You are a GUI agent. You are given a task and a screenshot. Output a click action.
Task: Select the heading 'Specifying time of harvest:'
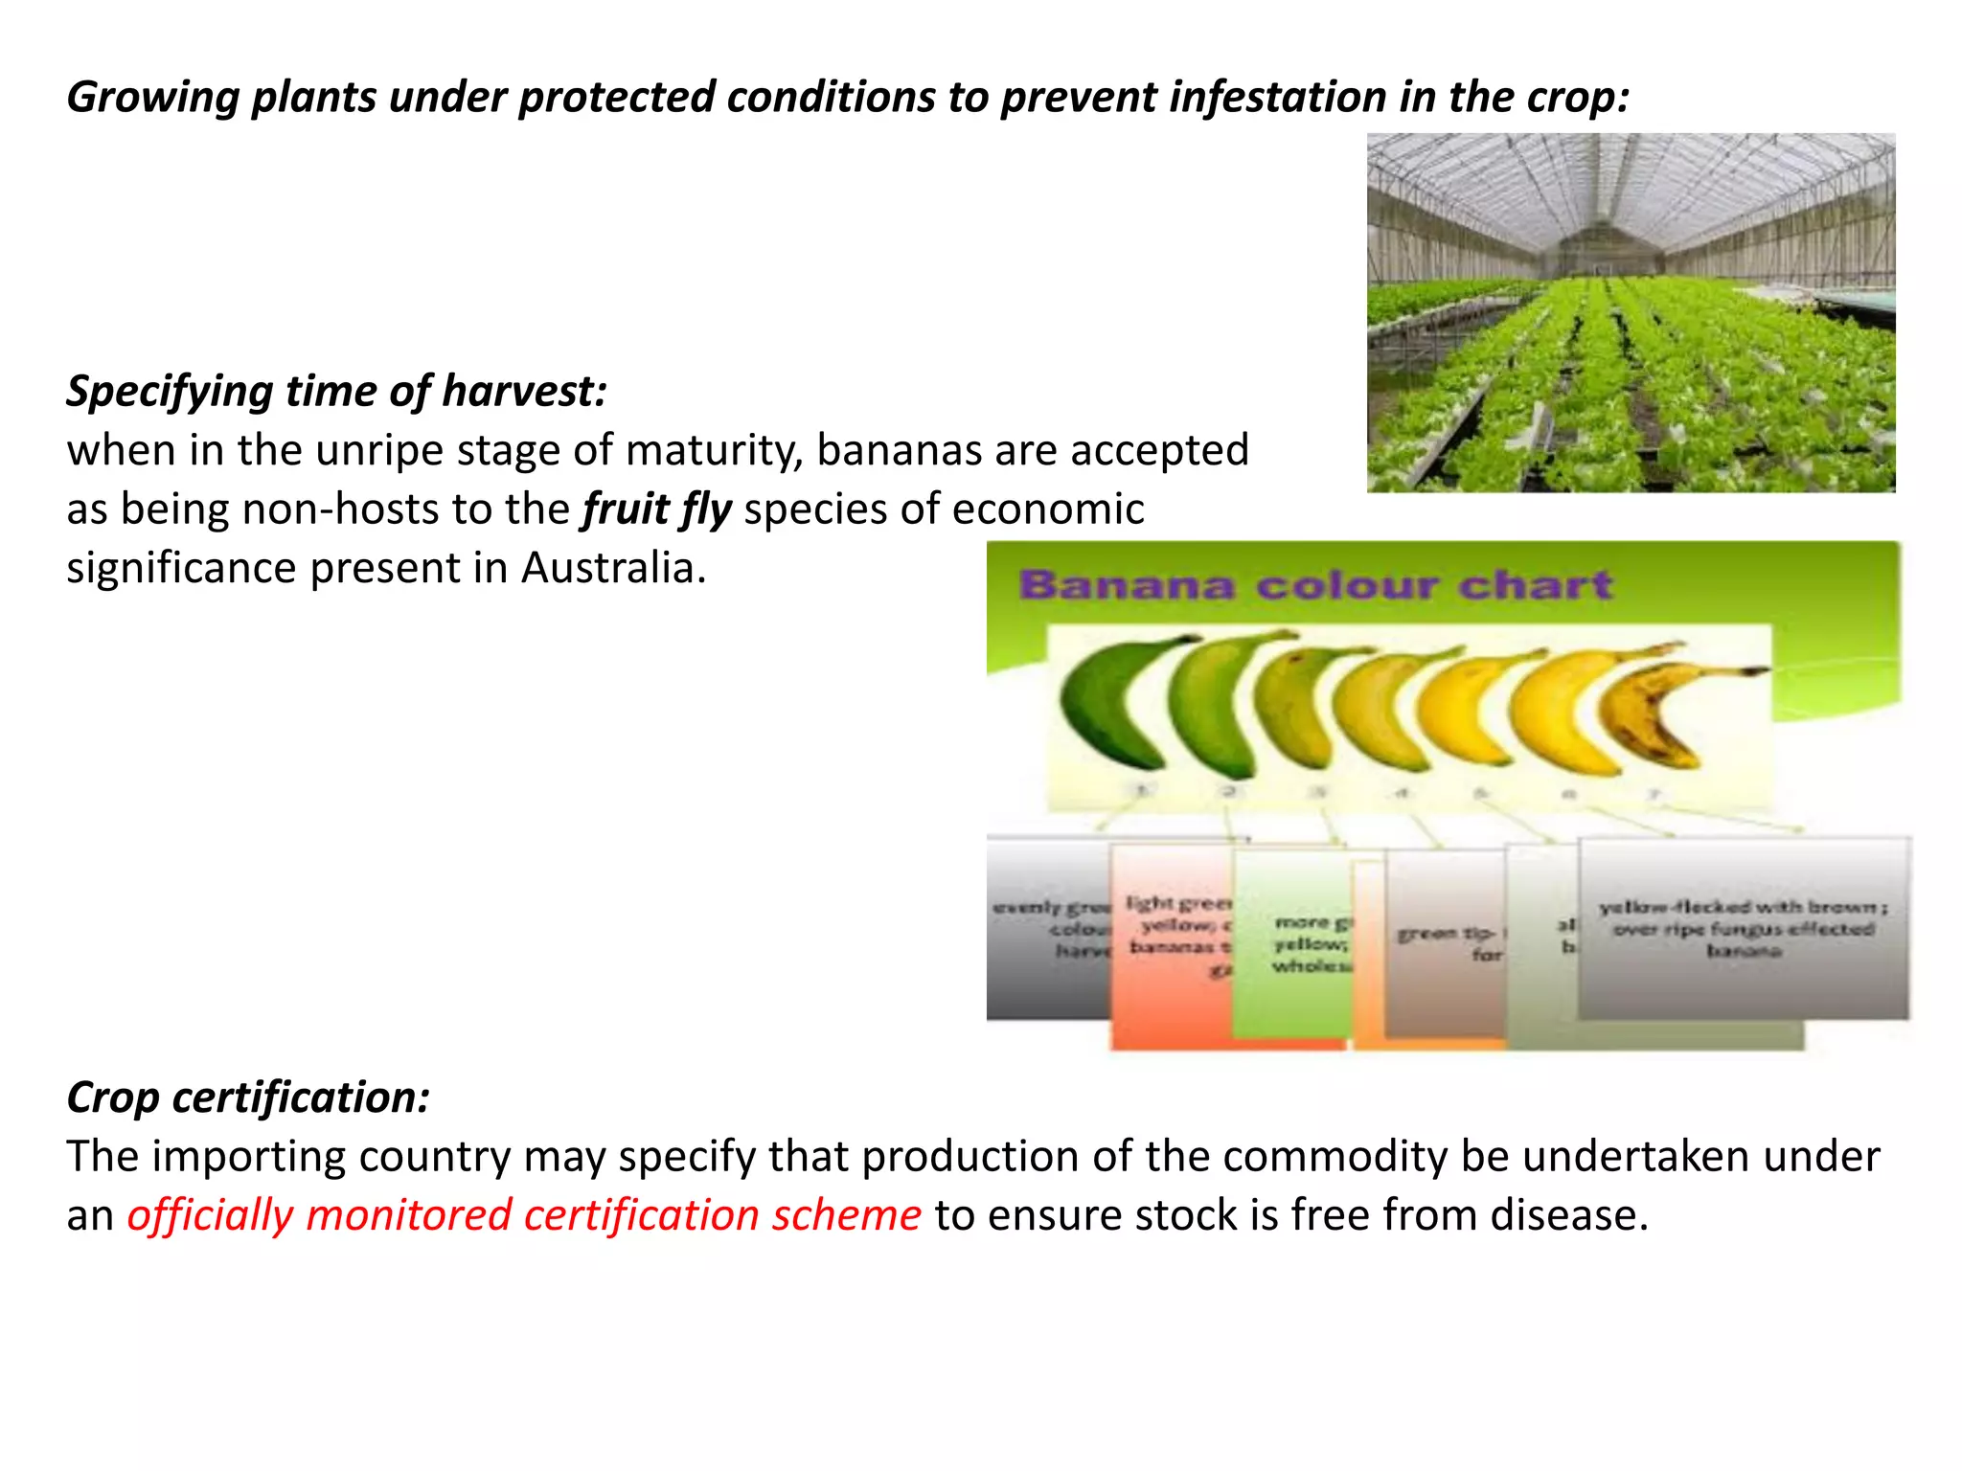pos(336,391)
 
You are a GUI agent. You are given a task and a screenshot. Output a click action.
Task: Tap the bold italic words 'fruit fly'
pos(656,509)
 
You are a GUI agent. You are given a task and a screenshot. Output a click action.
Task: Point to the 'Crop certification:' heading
pos(248,1098)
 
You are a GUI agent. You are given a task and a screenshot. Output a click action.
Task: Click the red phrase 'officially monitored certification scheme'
pos(524,1215)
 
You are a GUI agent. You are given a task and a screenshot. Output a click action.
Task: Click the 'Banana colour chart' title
pos(1315,585)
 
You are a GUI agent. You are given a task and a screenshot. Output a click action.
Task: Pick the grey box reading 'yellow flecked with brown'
pos(1742,927)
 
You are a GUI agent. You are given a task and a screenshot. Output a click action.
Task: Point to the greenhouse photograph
pos(1631,313)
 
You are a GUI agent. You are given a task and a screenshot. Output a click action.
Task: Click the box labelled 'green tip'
pos(1445,943)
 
